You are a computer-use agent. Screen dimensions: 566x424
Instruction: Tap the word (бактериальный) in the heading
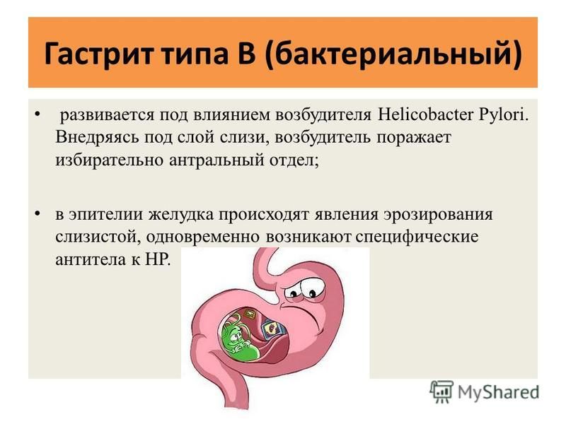point(393,54)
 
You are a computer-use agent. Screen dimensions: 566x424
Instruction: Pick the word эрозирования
point(438,215)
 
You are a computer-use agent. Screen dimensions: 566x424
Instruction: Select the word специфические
point(417,237)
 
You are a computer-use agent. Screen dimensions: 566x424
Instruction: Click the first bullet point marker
point(37,114)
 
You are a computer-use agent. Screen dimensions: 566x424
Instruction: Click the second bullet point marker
point(37,215)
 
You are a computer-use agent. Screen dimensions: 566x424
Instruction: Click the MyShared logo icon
point(441,391)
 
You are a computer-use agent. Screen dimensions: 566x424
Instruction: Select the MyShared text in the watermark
point(498,392)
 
